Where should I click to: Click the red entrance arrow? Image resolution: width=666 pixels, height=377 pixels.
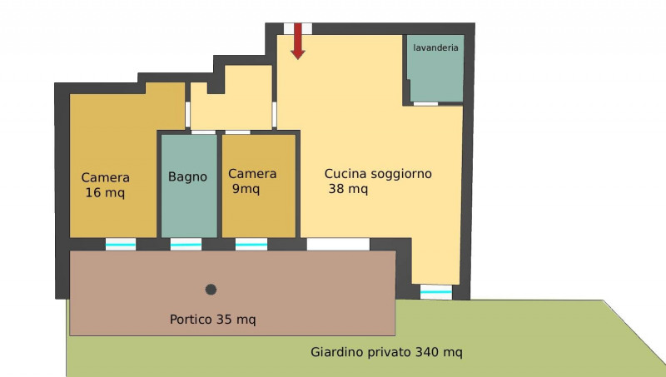(298, 41)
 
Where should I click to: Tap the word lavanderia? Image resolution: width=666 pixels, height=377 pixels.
(435, 47)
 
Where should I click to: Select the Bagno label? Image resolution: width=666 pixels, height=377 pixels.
(188, 176)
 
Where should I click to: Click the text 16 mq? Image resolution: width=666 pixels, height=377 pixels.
(105, 193)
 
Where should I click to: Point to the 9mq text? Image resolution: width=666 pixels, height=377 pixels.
(246, 189)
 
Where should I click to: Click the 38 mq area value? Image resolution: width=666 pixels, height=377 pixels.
(348, 189)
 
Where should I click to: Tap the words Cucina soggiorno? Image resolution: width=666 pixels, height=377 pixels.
(378, 174)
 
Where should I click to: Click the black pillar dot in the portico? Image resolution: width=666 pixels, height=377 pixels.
(211, 290)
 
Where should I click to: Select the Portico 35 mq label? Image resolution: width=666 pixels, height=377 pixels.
(213, 320)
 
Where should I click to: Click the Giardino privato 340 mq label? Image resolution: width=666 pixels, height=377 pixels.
(386, 352)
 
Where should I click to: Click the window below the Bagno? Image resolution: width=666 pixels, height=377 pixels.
(186, 245)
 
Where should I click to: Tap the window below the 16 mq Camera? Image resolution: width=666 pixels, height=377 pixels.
(121, 245)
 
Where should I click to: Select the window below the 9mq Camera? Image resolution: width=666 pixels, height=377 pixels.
(251, 245)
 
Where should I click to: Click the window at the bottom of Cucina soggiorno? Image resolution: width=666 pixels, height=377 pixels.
(435, 292)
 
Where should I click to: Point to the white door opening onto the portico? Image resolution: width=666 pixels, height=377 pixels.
(338, 244)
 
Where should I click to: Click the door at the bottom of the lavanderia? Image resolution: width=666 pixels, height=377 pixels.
(425, 103)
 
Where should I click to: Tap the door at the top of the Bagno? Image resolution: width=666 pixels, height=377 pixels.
(203, 132)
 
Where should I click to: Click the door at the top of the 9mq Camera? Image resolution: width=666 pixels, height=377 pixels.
(237, 132)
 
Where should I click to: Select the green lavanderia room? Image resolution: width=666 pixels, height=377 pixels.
(435, 68)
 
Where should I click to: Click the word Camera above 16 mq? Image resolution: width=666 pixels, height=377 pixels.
(106, 177)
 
